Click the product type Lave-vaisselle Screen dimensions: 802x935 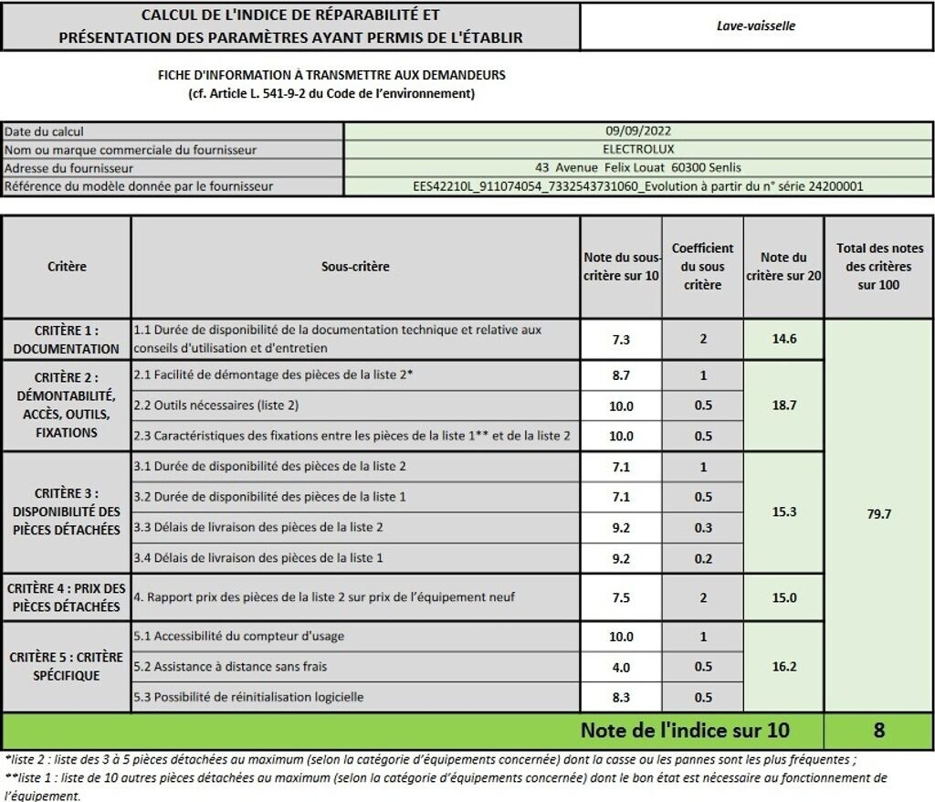(756, 26)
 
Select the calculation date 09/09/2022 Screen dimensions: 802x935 (638, 132)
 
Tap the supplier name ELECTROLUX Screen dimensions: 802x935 (638, 149)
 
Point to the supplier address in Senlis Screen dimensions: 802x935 (638, 167)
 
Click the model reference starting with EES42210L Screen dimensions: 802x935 (638, 185)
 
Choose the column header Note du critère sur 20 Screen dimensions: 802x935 (783, 267)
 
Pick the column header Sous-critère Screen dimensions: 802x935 (355, 267)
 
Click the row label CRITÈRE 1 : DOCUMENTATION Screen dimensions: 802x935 (67, 339)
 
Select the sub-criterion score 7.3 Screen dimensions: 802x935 (621, 339)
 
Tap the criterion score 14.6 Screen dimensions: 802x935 (783, 339)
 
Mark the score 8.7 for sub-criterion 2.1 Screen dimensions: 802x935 (621, 375)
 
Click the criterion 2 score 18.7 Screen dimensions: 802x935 (783, 405)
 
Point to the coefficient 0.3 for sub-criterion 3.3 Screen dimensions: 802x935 (702, 527)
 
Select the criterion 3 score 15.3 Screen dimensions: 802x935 (783, 512)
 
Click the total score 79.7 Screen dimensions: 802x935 (878, 514)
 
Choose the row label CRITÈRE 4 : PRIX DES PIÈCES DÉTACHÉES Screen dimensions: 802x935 (67, 597)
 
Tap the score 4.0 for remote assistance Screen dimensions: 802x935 (621, 667)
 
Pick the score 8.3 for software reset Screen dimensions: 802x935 (621, 697)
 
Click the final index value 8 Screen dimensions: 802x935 (878, 731)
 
